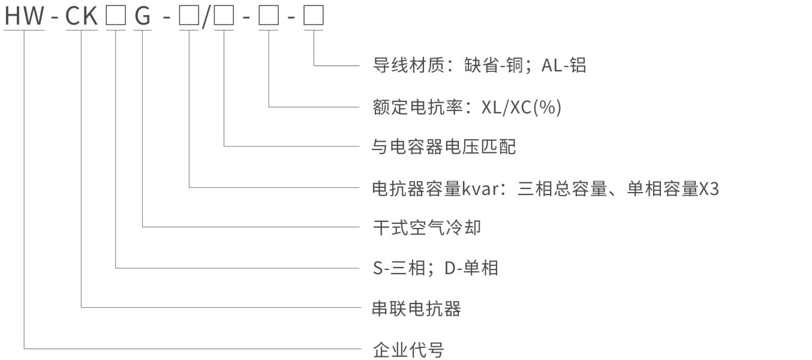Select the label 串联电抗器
(417, 309)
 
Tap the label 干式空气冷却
(426, 228)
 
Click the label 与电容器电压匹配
(444, 146)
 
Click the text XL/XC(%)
(521, 107)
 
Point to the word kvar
(477, 189)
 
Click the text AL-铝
(564, 65)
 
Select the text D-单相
(471, 268)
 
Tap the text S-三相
(399, 268)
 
